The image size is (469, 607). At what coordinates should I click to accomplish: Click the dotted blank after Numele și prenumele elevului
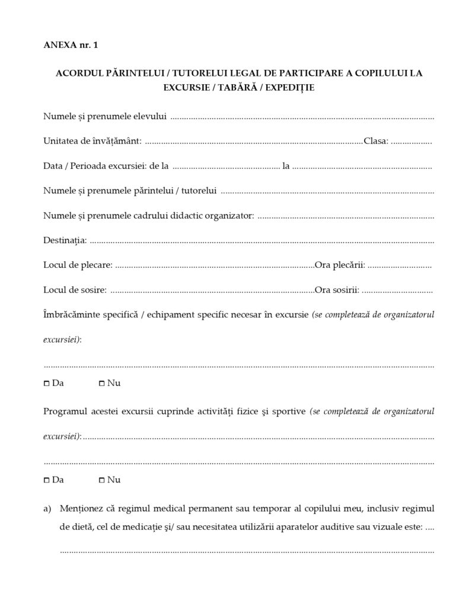(x=302, y=117)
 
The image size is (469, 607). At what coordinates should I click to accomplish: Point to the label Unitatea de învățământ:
(x=92, y=141)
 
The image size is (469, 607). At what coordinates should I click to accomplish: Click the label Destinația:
(x=65, y=240)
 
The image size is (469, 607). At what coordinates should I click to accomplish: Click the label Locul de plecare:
(x=78, y=265)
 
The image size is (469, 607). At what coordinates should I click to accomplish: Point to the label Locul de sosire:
(x=75, y=290)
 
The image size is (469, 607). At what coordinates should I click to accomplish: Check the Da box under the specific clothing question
(x=47, y=384)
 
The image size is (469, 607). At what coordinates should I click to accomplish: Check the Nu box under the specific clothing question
(x=101, y=384)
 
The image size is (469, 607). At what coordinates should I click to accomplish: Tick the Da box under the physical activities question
(x=47, y=480)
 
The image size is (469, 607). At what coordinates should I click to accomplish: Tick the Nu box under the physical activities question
(x=101, y=480)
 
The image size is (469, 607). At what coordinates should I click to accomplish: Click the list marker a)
(x=47, y=509)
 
